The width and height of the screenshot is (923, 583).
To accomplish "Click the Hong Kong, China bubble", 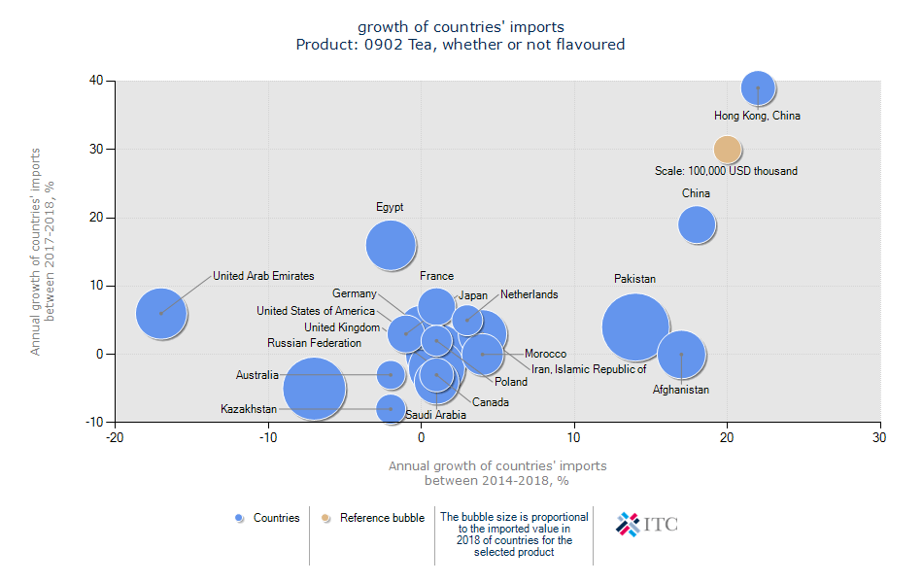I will pyautogui.click(x=758, y=87).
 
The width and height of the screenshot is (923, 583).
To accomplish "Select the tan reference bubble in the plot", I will pyautogui.click(x=728, y=150).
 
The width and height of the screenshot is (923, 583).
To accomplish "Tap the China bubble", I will pyautogui.click(x=697, y=224).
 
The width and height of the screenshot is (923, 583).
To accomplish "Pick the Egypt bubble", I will pyautogui.click(x=392, y=244).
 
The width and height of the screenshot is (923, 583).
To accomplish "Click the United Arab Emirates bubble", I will pyautogui.click(x=161, y=313).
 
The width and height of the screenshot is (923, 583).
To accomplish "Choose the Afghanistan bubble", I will pyautogui.click(x=681, y=355).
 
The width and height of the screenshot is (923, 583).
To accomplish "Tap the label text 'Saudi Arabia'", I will pyautogui.click(x=435, y=415).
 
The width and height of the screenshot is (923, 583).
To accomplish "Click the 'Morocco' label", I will pyautogui.click(x=545, y=354).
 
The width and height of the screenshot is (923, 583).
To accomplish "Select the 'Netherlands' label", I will pyautogui.click(x=529, y=294).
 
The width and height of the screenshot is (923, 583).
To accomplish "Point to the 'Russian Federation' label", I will pyautogui.click(x=314, y=343).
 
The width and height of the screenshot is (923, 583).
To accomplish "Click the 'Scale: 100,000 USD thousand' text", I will pyautogui.click(x=726, y=171).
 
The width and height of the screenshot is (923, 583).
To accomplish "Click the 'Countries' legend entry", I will pyautogui.click(x=268, y=518).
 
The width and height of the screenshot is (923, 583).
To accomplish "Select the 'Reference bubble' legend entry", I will pyautogui.click(x=373, y=518).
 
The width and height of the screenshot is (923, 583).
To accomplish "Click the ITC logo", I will pyautogui.click(x=647, y=525).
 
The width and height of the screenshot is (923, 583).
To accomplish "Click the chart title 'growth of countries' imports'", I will pyautogui.click(x=461, y=26).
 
